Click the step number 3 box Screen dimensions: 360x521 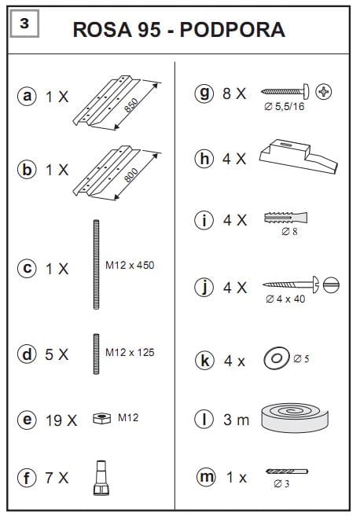24,24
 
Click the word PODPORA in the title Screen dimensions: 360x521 232,30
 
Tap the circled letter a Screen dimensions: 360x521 27,97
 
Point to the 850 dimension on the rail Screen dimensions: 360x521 131,105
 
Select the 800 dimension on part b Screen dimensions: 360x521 131,175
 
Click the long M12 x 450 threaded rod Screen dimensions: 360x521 96,265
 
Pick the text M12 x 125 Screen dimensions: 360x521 130,352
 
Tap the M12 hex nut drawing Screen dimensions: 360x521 101,418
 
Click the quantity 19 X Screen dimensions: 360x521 61,420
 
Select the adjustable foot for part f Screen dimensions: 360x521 101,478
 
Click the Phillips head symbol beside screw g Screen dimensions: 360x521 323,92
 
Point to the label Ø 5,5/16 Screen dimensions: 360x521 285,106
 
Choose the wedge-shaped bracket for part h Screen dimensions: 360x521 298,156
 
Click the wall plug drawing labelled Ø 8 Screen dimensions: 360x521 286,218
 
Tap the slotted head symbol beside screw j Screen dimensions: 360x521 332,284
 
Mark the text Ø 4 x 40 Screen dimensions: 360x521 285,299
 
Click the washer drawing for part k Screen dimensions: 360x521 276,358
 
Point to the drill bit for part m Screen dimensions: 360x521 287,471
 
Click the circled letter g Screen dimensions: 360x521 204,94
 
